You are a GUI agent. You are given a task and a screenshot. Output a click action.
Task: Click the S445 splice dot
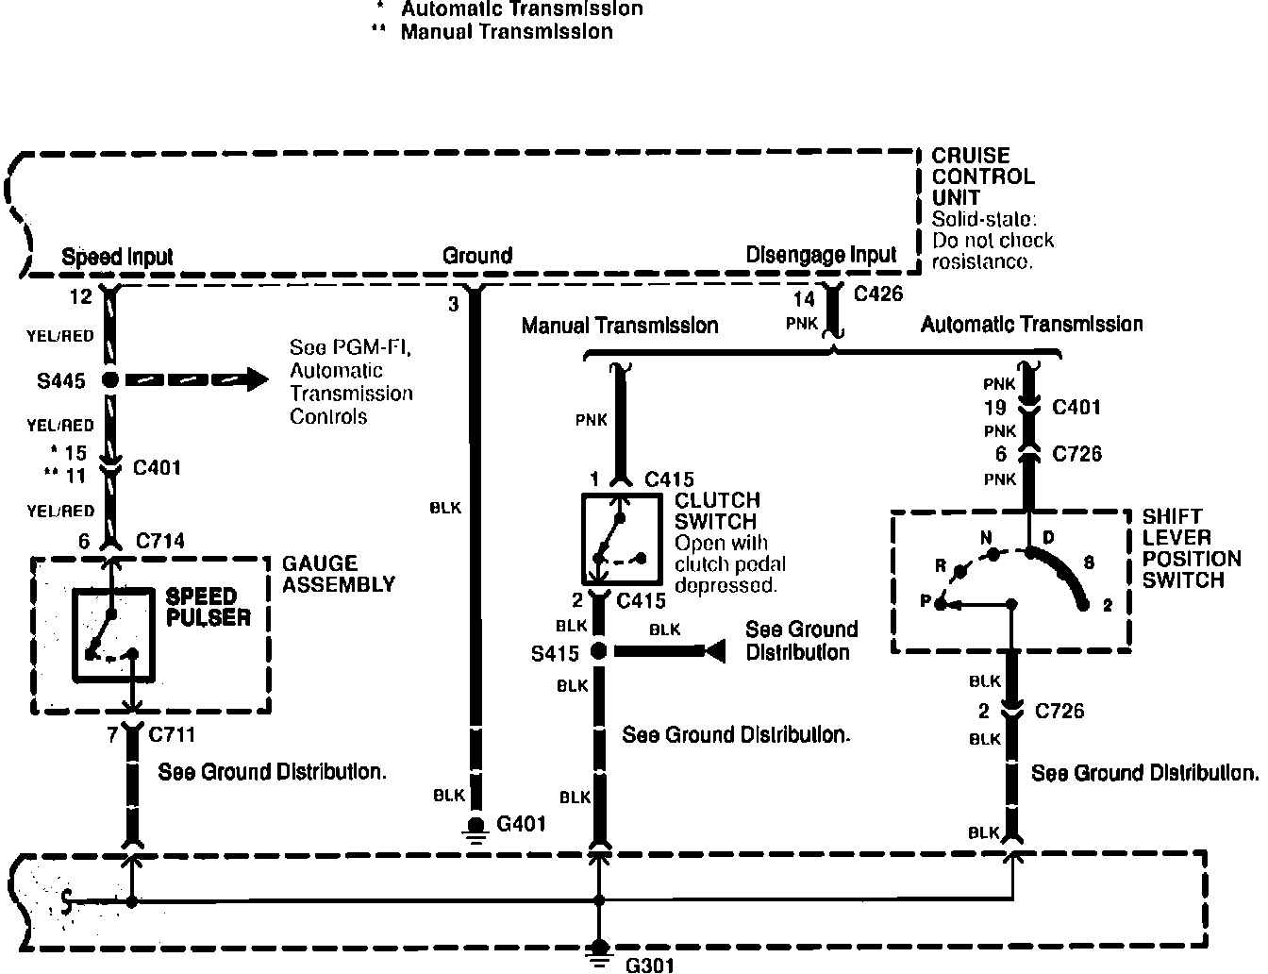pyautogui.click(x=110, y=380)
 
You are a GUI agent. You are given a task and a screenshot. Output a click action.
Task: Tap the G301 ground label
pyautogui.click(x=650, y=965)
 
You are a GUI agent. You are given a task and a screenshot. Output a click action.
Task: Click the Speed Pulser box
pyautogui.click(x=113, y=634)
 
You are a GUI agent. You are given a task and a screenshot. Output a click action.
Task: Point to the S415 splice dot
pyautogui.click(x=597, y=650)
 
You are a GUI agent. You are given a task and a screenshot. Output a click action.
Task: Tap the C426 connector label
pyautogui.click(x=877, y=294)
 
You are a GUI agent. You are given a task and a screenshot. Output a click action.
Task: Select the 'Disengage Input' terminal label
pyautogui.click(x=821, y=255)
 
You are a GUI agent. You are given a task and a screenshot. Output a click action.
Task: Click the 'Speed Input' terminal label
pyautogui.click(x=117, y=257)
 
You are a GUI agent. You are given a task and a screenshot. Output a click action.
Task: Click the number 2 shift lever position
pyautogui.click(x=1108, y=605)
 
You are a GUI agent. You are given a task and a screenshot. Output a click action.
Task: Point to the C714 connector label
pyautogui.click(x=159, y=541)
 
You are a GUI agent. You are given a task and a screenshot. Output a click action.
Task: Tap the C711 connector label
pyautogui.click(x=172, y=734)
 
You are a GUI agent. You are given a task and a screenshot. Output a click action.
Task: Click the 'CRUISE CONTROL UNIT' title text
pyautogui.click(x=970, y=176)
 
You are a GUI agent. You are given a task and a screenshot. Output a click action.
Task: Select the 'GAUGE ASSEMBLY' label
pyautogui.click(x=338, y=574)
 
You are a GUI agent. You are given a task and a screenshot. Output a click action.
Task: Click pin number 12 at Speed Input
pyautogui.click(x=81, y=297)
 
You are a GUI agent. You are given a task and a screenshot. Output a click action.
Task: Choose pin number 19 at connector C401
pyautogui.click(x=995, y=408)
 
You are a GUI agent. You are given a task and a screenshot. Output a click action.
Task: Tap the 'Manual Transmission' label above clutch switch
pyautogui.click(x=620, y=326)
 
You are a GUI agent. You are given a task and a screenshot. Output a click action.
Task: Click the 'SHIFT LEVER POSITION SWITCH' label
pyautogui.click(x=1183, y=548)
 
